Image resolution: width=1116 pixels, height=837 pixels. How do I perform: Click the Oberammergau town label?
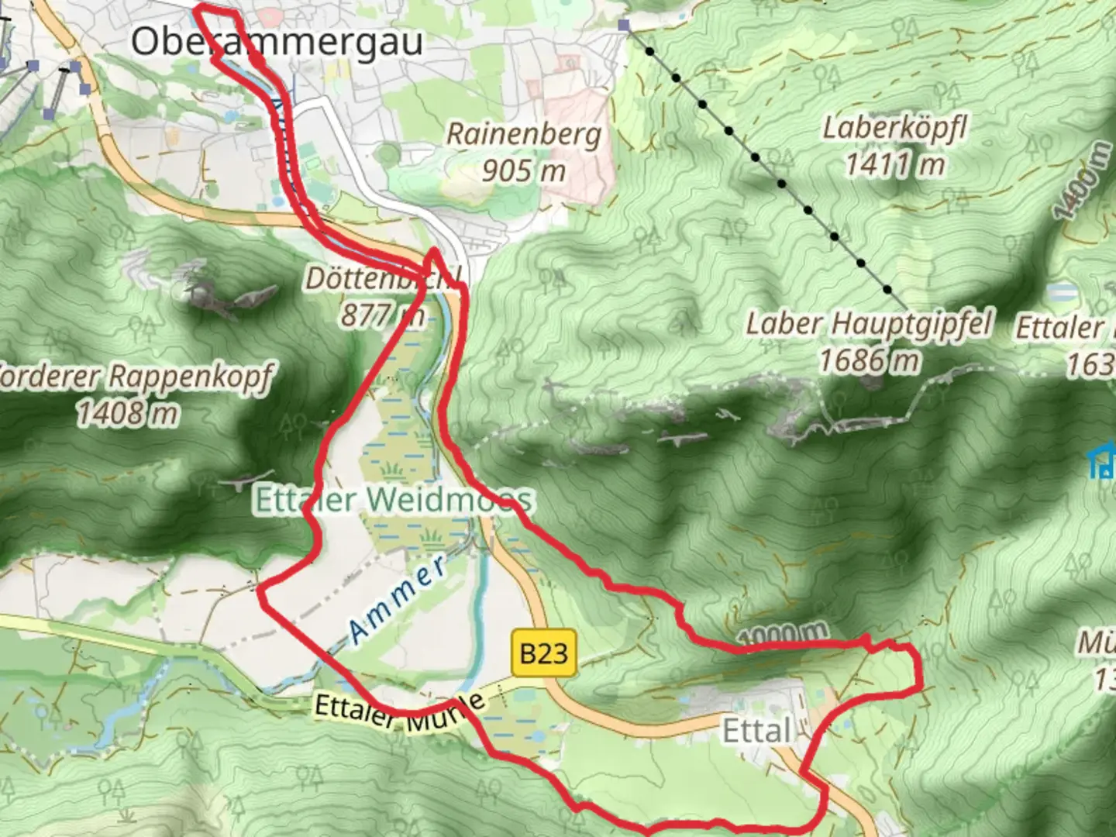[277, 41]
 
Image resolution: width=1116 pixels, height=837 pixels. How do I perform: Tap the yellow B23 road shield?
[544, 653]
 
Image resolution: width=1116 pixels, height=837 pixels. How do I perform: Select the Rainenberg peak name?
[524, 134]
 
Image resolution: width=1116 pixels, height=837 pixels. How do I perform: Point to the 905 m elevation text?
[524, 170]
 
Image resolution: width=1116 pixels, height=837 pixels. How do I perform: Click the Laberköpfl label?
[894, 128]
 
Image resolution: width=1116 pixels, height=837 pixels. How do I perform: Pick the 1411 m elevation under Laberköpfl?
[894, 164]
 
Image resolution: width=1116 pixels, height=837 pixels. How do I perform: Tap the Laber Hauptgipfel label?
[868, 324]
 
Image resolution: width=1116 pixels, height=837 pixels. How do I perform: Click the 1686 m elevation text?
[869, 360]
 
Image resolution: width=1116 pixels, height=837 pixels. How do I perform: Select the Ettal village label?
[756, 730]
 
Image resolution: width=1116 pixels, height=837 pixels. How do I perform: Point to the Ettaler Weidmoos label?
[394, 500]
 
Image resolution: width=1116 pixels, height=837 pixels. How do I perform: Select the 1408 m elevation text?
[127, 413]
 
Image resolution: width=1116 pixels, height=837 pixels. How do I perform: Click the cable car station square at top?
[624, 26]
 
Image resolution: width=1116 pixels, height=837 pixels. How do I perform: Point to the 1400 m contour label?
[1081, 181]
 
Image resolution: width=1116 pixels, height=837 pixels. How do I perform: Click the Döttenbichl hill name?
[383, 278]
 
